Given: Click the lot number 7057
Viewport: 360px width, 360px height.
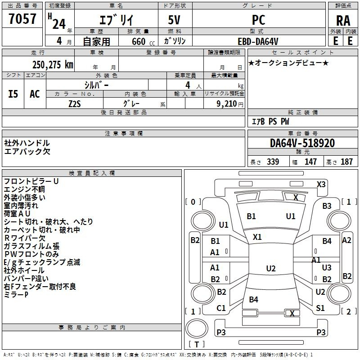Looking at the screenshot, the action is point(22,19).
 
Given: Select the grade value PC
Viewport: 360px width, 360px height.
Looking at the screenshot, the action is point(258,20).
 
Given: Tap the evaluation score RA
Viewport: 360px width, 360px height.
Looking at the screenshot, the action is point(343,21).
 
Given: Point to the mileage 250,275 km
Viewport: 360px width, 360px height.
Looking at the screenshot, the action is point(53,65).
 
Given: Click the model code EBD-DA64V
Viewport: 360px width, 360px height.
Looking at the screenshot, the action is point(258,41).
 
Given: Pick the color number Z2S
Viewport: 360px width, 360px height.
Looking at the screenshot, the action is point(75,104).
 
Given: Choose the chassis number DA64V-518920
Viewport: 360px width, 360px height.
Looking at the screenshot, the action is point(302,143).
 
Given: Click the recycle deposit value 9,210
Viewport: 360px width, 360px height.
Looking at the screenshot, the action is point(227,104).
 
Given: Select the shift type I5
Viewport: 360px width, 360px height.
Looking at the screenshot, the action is point(13,94).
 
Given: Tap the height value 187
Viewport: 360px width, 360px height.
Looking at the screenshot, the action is point(346,162).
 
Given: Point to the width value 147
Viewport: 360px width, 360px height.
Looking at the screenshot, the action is point(310,162).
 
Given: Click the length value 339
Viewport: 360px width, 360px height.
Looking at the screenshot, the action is point(273,162).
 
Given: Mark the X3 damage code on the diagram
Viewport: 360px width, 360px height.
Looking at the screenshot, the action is point(321,184).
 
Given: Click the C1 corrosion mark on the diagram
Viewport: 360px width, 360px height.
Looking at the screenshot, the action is point(221,308).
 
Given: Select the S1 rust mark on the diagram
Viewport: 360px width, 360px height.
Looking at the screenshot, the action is point(320,308).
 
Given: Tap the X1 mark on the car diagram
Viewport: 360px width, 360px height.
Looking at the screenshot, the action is point(257,237).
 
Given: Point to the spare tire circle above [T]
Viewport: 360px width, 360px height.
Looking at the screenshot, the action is point(197,328).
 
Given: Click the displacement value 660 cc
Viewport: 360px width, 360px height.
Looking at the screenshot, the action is point(143,42).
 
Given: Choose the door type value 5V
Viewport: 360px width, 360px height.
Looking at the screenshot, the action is point(174,20).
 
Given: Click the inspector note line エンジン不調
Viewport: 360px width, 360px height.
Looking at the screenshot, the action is point(24,189).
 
